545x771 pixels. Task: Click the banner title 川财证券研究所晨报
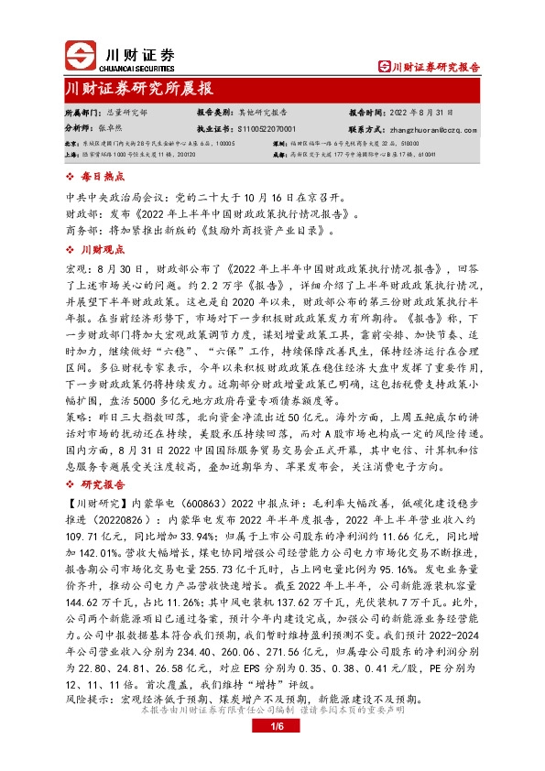coord(139,89)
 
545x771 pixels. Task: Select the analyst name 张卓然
coord(111,129)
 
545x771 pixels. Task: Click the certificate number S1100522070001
coord(266,129)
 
